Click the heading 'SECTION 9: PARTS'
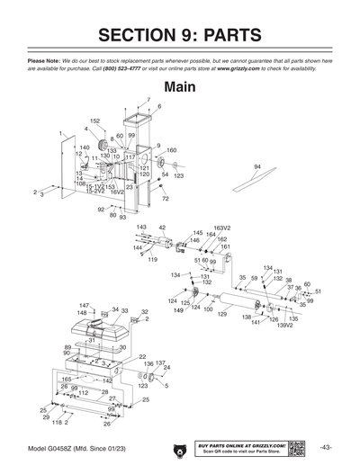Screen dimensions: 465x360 [x=180, y=35]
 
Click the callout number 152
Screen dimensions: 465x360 [x=94, y=121]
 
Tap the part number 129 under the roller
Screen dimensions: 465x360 [x=222, y=313]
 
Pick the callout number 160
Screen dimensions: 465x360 [x=171, y=150]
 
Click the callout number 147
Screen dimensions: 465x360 [x=84, y=306]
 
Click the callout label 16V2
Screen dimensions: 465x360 [x=117, y=192]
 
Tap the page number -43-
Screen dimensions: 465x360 [x=325, y=448]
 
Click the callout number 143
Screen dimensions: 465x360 [x=141, y=228]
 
